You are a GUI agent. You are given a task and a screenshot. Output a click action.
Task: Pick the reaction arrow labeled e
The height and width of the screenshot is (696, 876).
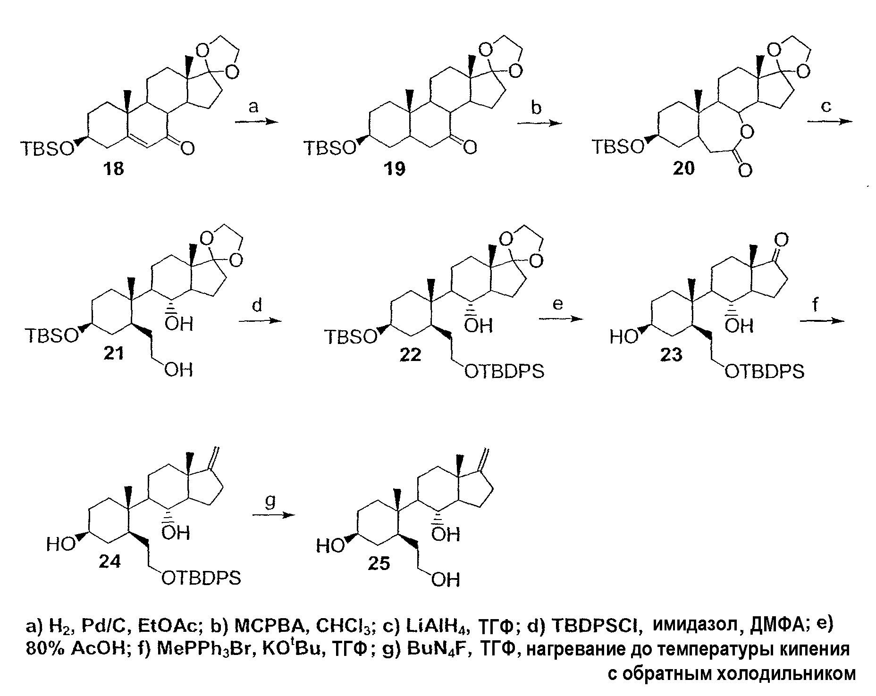click(560, 319)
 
